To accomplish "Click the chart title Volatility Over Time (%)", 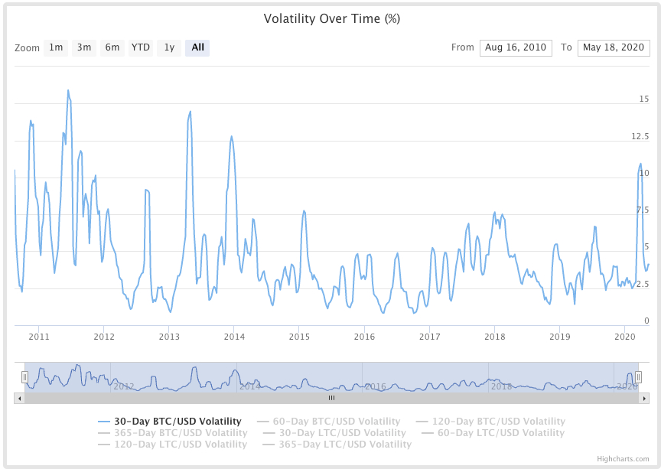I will coord(331,18).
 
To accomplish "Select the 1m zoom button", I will coord(56,47).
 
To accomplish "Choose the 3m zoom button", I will coord(84,47).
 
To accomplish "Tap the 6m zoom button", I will coord(112,47).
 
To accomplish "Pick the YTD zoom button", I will coord(141,47).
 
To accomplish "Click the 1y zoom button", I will coord(169,47).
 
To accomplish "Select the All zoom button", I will coord(197,47).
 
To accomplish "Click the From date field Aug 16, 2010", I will coord(516,47).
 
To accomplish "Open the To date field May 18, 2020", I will coord(614,47).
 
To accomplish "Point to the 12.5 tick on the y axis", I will coord(640,136).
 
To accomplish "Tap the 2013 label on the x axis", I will coord(169,337).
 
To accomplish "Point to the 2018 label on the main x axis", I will coord(495,337).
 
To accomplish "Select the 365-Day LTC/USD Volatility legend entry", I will coord(345,445).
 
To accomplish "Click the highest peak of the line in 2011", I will coord(68,90).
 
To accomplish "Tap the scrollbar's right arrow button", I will coord(645,398).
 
